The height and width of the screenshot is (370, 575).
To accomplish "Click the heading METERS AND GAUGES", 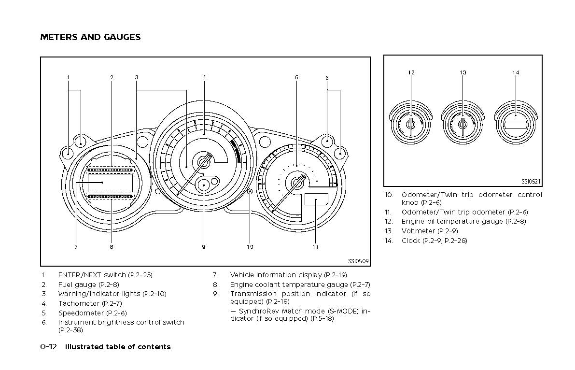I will tap(90, 37).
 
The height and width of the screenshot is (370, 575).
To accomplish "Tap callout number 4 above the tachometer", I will tap(204, 77).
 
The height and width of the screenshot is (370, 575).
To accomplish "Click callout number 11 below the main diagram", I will tap(315, 247).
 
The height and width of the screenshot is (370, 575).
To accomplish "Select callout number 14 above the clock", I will tap(516, 73).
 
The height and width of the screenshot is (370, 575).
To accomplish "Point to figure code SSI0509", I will tap(359, 261).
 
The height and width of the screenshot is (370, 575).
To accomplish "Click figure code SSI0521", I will tap(531, 182).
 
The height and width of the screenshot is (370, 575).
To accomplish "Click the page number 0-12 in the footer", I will tap(48, 347).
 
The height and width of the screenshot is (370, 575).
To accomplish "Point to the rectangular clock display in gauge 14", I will tap(516, 125).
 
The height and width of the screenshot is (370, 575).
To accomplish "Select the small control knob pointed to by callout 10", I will tap(250, 192).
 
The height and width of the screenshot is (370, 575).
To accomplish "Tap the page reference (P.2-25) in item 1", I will tap(140, 275).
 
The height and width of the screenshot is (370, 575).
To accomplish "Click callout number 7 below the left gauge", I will tap(76, 247).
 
